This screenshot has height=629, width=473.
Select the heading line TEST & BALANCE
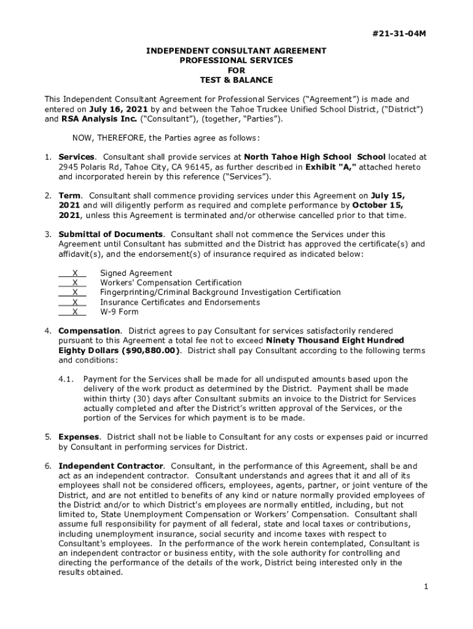click(x=236, y=80)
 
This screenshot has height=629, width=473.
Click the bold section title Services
click(x=76, y=157)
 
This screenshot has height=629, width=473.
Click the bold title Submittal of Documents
click(x=111, y=234)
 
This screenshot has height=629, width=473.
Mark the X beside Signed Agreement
click(x=74, y=273)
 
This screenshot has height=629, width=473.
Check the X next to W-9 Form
click(x=74, y=312)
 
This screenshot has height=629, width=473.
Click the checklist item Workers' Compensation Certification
click(x=171, y=283)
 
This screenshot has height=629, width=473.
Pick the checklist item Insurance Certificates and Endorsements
click(x=180, y=302)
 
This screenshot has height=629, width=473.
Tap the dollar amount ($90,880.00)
click(x=151, y=351)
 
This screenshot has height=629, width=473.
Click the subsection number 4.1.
click(x=66, y=380)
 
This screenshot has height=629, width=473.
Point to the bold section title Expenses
click(x=79, y=437)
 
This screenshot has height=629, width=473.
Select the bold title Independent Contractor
click(x=111, y=466)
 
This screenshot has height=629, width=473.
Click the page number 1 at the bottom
click(x=425, y=587)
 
